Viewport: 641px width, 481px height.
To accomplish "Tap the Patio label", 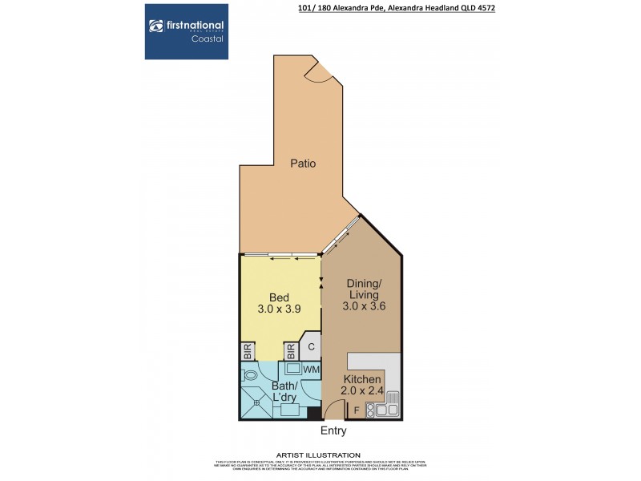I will tap(302, 164).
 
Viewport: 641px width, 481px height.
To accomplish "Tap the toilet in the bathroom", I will tap(250, 374).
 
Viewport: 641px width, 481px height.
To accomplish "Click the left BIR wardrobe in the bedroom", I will tap(248, 352).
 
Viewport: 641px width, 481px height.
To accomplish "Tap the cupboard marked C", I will tap(312, 346).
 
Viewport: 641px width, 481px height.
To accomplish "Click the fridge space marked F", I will tap(357, 412).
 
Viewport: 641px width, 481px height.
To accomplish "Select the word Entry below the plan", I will tap(333, 430).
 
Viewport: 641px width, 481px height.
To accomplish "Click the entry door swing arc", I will tap(332, 409).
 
